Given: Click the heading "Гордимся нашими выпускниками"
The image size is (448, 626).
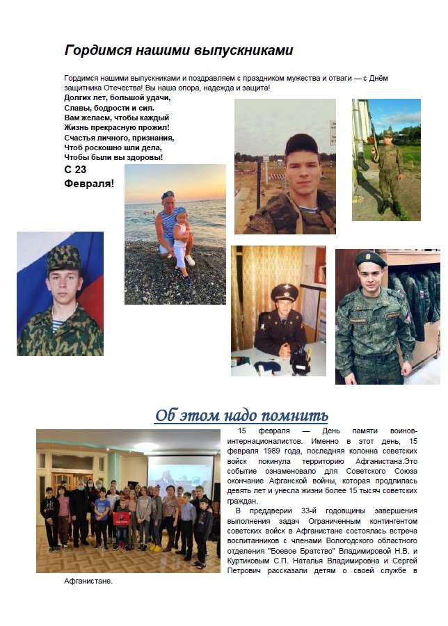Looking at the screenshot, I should (x=179, y=50).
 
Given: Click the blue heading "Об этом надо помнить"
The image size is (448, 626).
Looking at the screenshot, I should (x=241, y=415).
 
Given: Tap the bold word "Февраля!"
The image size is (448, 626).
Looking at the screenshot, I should (x=89, y=183).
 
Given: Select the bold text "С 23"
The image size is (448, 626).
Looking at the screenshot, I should (x=75, y=170).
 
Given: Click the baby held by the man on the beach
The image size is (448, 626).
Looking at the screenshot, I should (x=181, y=240).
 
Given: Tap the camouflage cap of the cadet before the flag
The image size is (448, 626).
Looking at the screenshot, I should (x=63, y=258).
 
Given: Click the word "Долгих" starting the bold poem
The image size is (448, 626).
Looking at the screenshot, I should (x=77, y=98).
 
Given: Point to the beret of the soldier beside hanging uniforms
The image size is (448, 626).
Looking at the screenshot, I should (x=370, y=259).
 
